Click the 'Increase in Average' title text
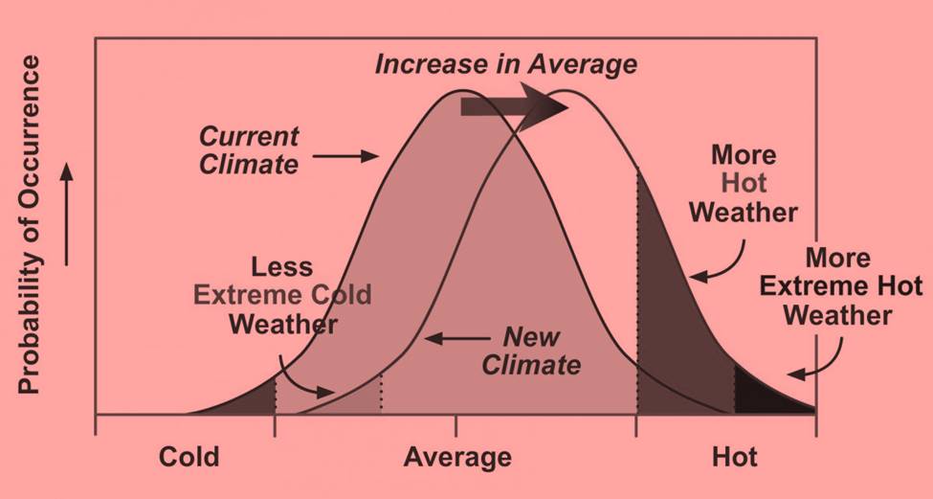pyautogui.click(x=505, y=64)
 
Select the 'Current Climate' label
pyautogui.click(x=250, y=149)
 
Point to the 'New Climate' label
pyautogui.click(x=531, y=351)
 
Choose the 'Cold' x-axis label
pyautogui.click(x=189, y=456)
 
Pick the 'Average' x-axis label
pyautogui.click(x=456, y=456)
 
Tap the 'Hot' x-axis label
pyautogui.click(x=735, y=456)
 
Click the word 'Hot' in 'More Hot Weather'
pyautogui.click(x=743, y=183)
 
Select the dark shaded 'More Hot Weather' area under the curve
pyautogui.click(x=675, y=326)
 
